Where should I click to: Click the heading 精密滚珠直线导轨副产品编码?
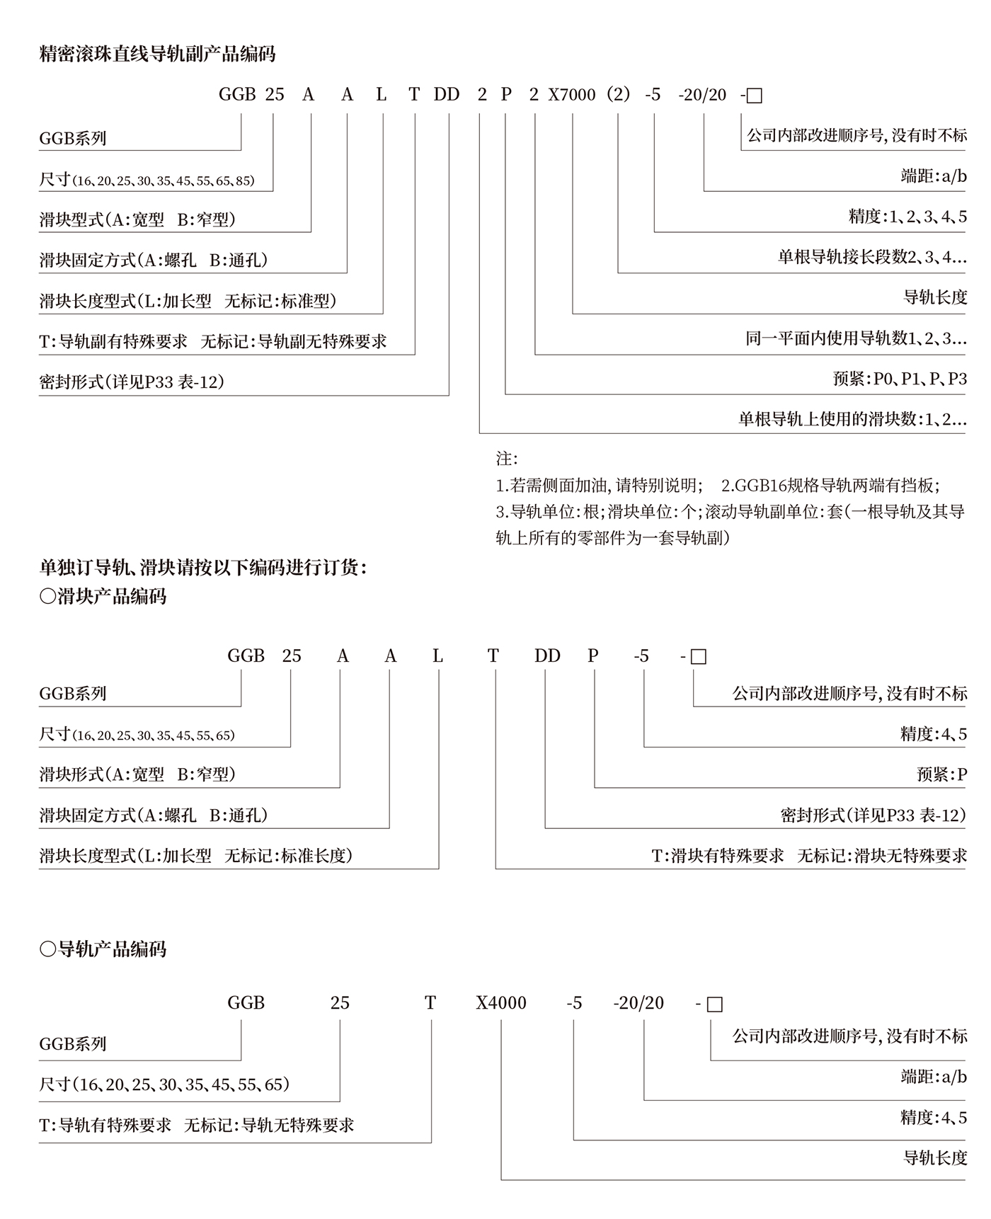[157, 54]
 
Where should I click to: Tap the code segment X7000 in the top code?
[572, 95]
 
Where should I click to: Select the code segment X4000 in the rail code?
[501, 1003]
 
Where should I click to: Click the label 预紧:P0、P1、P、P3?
[900, 379]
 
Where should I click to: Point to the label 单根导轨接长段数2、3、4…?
[872, 257]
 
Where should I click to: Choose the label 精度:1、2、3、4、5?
[907, 217]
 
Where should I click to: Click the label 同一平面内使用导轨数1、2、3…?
[856, 338]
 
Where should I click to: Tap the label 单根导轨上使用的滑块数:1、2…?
[852, 419]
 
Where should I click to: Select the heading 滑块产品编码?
[103, 596]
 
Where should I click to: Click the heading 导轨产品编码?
[103, 949]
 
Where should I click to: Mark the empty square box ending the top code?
[755, 96]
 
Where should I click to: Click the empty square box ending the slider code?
[698, 657]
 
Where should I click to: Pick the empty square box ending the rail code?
[715, 1005]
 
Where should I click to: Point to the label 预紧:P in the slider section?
[941, 774]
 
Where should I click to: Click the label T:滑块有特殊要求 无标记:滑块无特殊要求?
[809, 856]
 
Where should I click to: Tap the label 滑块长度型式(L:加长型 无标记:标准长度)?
[195, 856]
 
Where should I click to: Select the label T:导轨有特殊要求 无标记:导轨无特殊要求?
[196, 1125]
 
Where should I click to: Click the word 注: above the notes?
[507, 459]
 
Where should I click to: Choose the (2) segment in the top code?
[618, 95]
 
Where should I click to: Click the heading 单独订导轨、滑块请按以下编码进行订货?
[203, 568]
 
